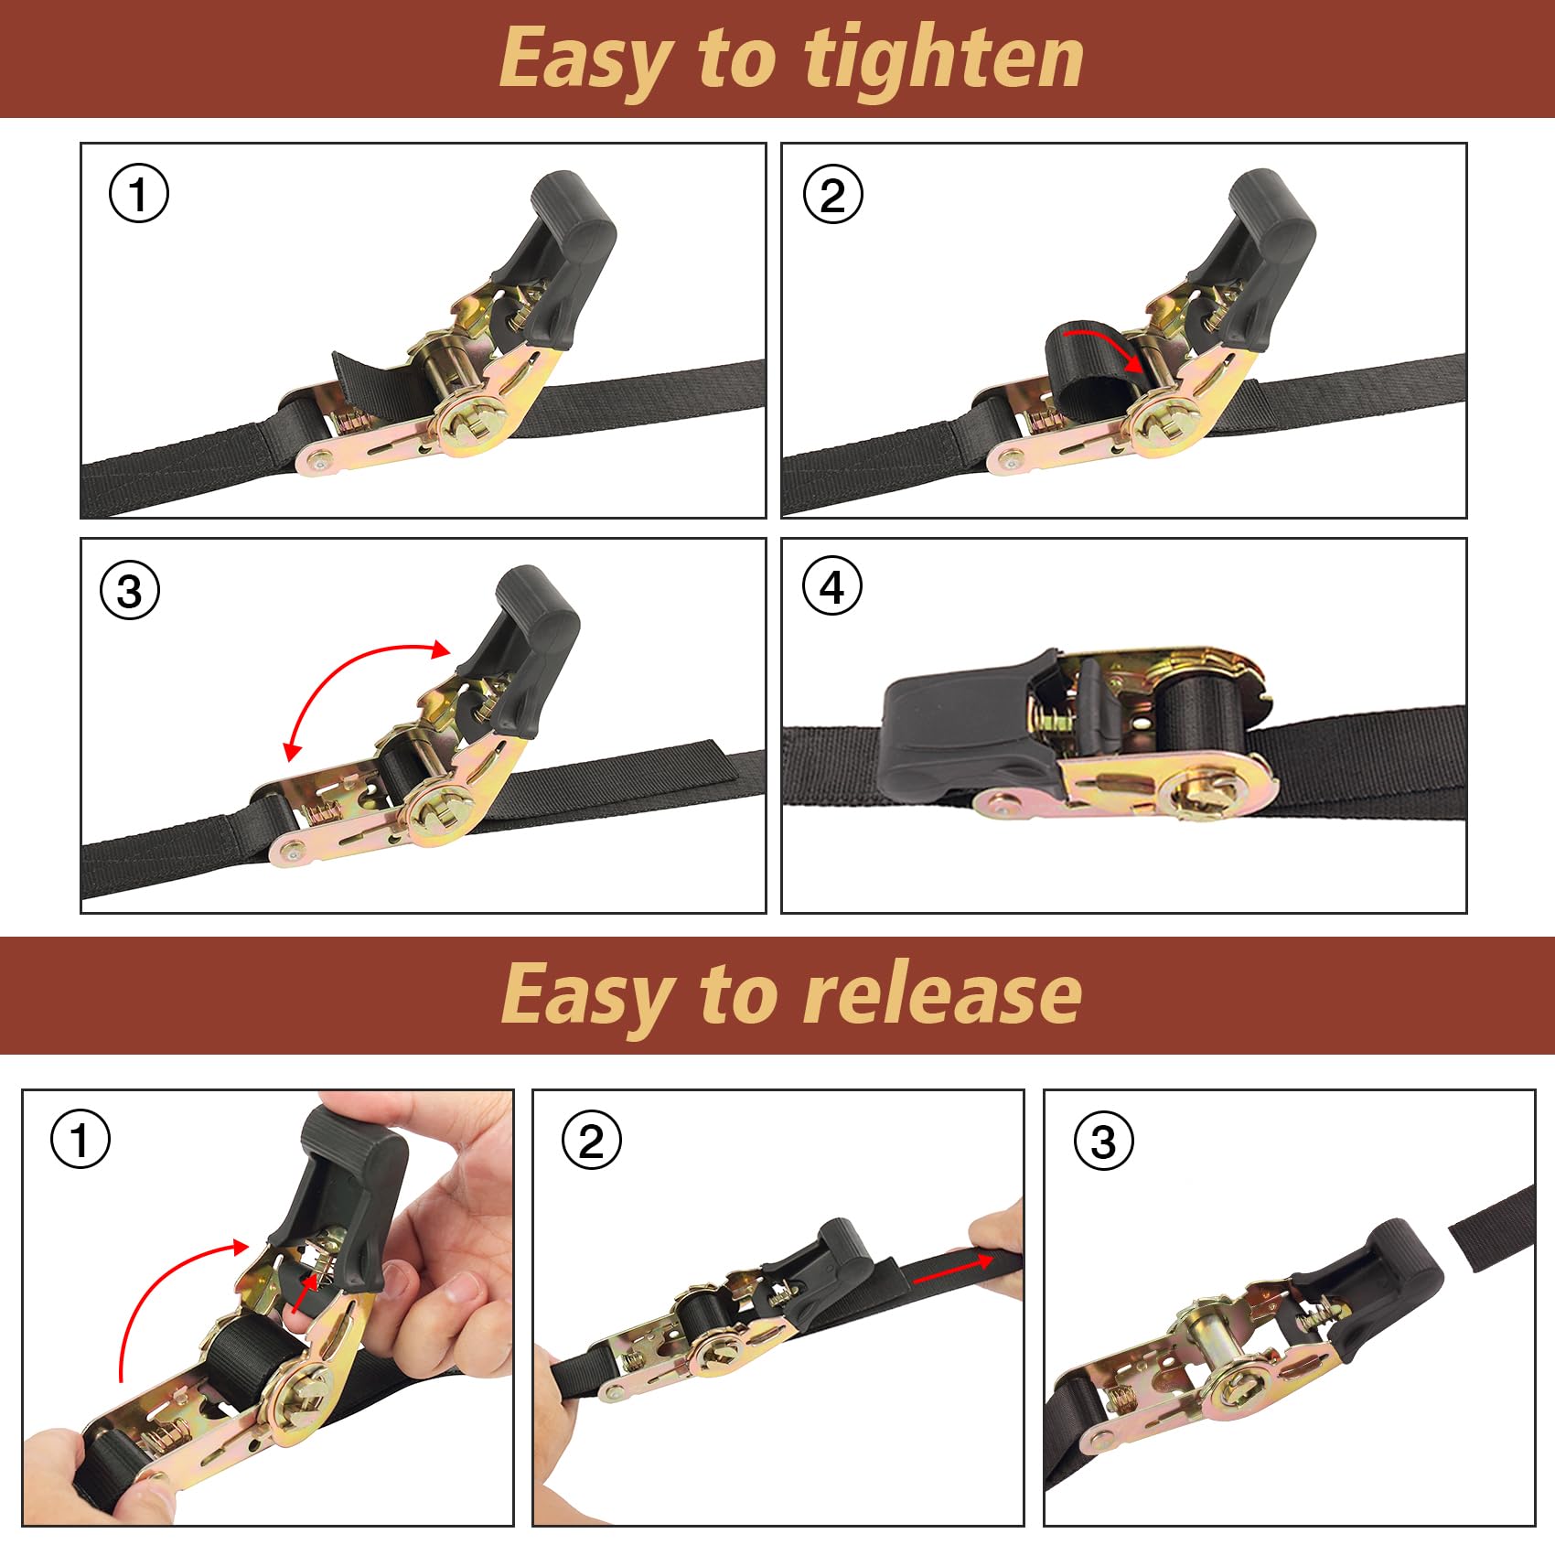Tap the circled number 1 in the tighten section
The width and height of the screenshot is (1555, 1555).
[x=139, y=195]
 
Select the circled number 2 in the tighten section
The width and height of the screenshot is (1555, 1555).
[x=832, y=195]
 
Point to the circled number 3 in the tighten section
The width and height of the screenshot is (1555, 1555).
[x=130, y=591]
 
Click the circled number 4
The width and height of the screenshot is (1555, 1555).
[x=831, y=586]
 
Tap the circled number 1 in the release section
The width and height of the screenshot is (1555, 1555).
[x=80, y=1140]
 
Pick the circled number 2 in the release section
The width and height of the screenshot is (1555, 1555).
[x=591, y=1141]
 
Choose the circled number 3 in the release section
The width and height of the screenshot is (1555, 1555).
[x=1103, y=1141]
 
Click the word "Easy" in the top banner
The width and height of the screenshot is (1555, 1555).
[x=585, y=60]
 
